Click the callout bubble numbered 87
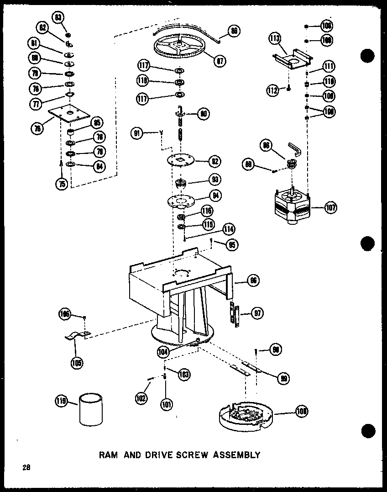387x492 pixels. (x=220, y=60)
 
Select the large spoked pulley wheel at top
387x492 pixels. (x=181, y=48)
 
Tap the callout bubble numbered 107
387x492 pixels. (x=330, y=208)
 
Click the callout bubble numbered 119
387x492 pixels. (x=61, y=402)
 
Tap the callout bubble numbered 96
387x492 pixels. (x=253, y=280)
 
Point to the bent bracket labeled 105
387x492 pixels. (x=76, y=337)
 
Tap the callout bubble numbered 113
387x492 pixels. (x=274, y=39)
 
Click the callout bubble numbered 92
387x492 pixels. (x=214, y=161)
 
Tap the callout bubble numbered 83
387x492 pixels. (x=58, y=17)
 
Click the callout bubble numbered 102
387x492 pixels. (x=141, y=397)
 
